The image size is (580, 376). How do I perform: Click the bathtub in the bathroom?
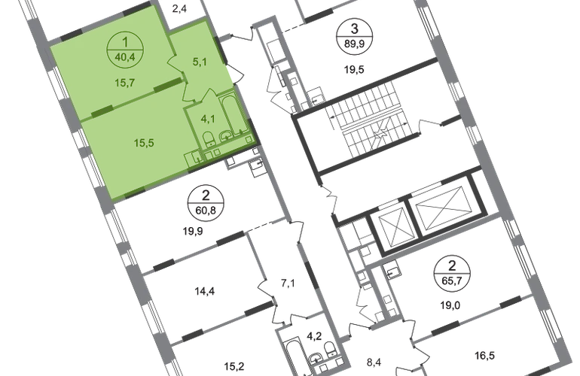pyautogui.click(x=230, y=113)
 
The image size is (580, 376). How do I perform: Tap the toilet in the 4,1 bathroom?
pyautogui.click(x=206, y=138)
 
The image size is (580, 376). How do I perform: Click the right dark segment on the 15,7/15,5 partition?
pyautogui.click(x=162, y=89)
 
